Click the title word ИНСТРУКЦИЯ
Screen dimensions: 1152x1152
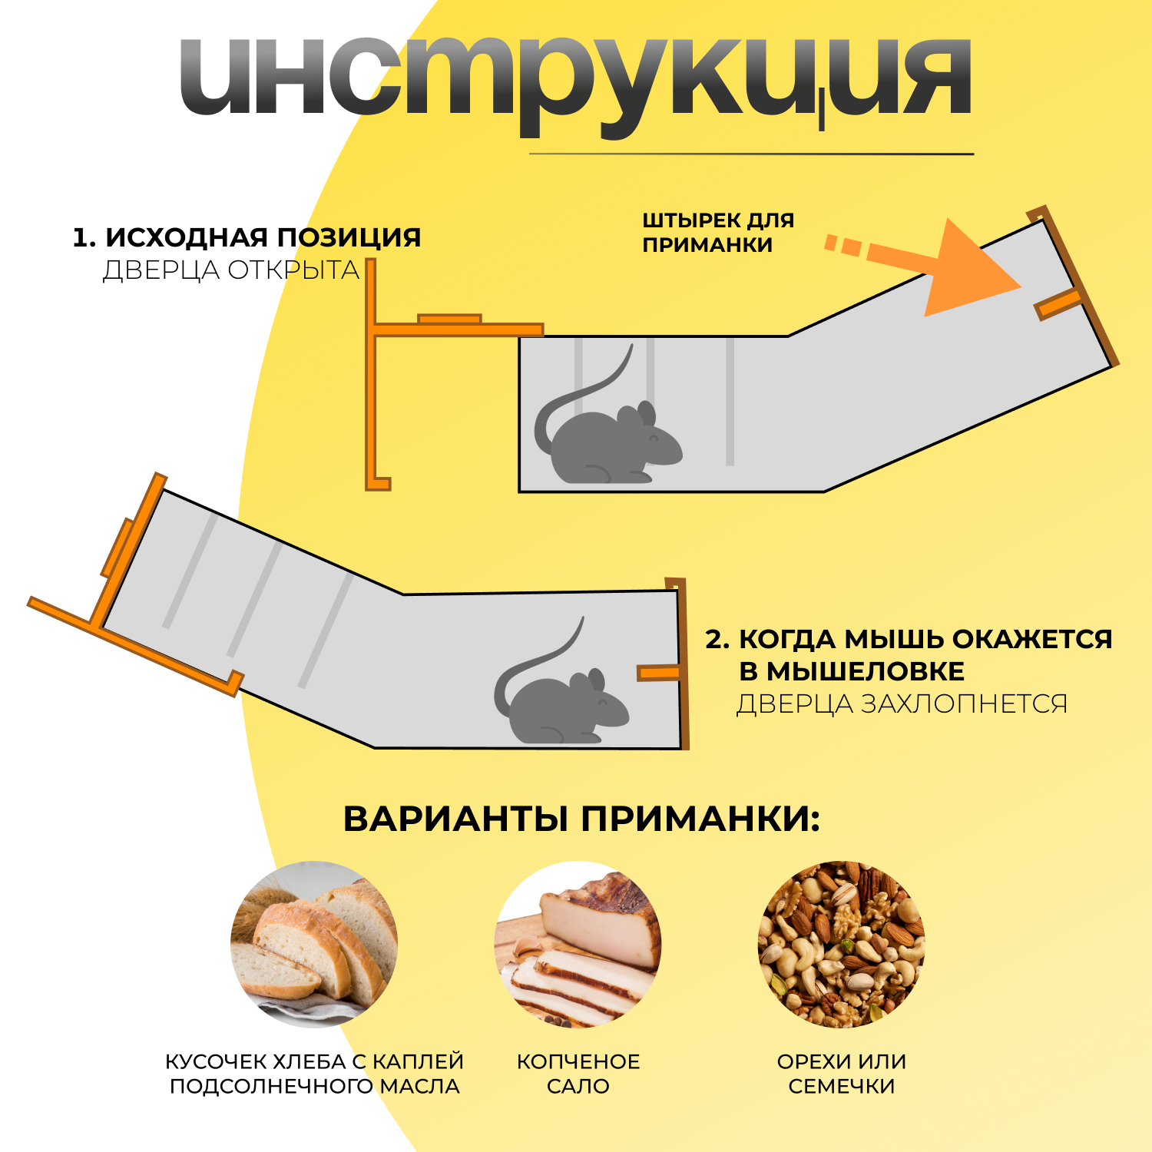tap(576, 81)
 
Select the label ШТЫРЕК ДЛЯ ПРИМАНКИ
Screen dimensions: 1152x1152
tap(717, 233)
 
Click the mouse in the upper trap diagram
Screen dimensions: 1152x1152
tap(614, 445)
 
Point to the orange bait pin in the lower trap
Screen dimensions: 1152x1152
tap(658, 673)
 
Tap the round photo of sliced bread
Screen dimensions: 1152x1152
tap(314, 944)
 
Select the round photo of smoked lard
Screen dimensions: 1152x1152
tap(578, 944)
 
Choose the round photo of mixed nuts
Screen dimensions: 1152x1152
tap(841, 944)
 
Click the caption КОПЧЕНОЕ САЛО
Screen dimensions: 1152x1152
tap(578, 1074)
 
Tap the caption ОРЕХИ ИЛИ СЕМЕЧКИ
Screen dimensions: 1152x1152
tap(841, 1074)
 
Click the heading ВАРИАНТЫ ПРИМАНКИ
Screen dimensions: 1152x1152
tap(581, 819)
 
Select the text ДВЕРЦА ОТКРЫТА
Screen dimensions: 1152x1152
tap(231, 270)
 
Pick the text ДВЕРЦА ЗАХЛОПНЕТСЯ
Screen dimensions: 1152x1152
tap(902, 703)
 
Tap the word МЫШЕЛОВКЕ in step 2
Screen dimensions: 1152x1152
tap(852, 671)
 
